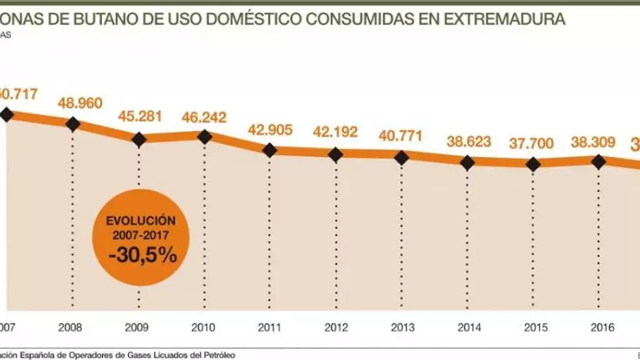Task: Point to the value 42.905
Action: point(270,130)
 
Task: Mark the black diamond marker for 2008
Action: point(73,124)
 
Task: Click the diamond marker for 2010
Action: point(204,136)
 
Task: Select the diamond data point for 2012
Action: point(335,154)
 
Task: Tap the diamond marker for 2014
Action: point(467,162)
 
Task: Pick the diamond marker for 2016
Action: point(599,161)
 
